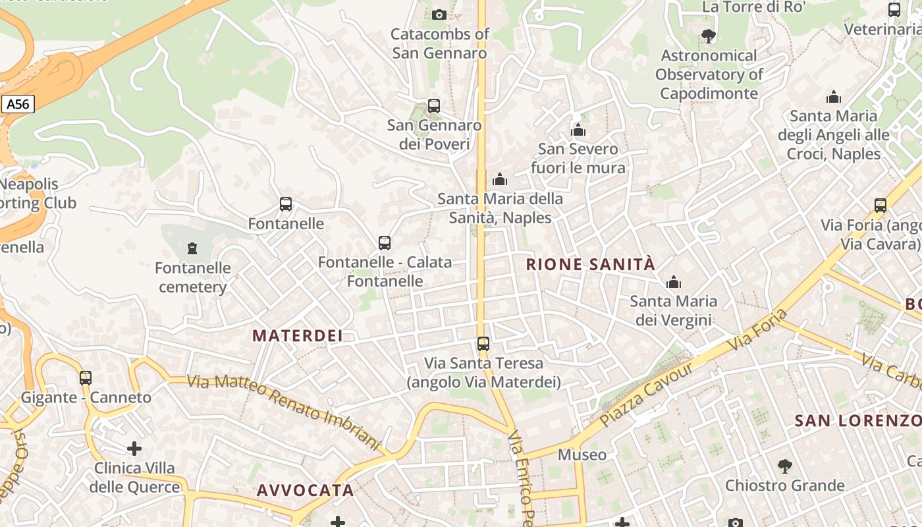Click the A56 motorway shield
click(18, 104)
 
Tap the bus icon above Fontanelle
click(285, 204)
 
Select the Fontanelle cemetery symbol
click(192, 248)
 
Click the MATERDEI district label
click(298, 335)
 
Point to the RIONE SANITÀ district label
click(591, 265)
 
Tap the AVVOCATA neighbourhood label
click(305, 490)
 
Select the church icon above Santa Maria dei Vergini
click(673, 283)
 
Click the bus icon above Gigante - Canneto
click(86, 378)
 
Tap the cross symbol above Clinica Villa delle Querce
click(134, 449)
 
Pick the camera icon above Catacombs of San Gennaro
click(439, 14)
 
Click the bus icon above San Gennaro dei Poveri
click(433, 105)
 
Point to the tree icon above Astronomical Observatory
click(709, 36)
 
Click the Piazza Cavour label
click(647, 393)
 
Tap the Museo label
click(582, 455)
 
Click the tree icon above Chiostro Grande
click(784, 466)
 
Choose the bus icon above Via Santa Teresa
click(483, 343)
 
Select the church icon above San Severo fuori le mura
click(578, 130)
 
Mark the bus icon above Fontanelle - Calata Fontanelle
click(385, 242)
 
